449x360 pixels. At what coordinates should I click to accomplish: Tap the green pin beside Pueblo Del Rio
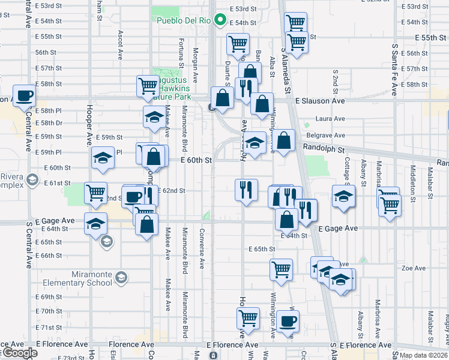[x=220, y=21]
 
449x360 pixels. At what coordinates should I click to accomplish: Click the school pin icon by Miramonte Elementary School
[x=122, y=277]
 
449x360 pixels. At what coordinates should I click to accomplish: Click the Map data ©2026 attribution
[x=423, y=355]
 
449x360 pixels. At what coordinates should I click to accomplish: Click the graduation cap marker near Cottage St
[x=343, y=196]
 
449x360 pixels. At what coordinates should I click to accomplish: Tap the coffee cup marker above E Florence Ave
[x=289, y=320]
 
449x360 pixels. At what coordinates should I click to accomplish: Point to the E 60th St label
[x=196, y=160]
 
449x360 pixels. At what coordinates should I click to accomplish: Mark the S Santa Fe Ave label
[x=394, y=69]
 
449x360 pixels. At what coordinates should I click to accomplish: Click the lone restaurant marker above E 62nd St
[x=246, y=190]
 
